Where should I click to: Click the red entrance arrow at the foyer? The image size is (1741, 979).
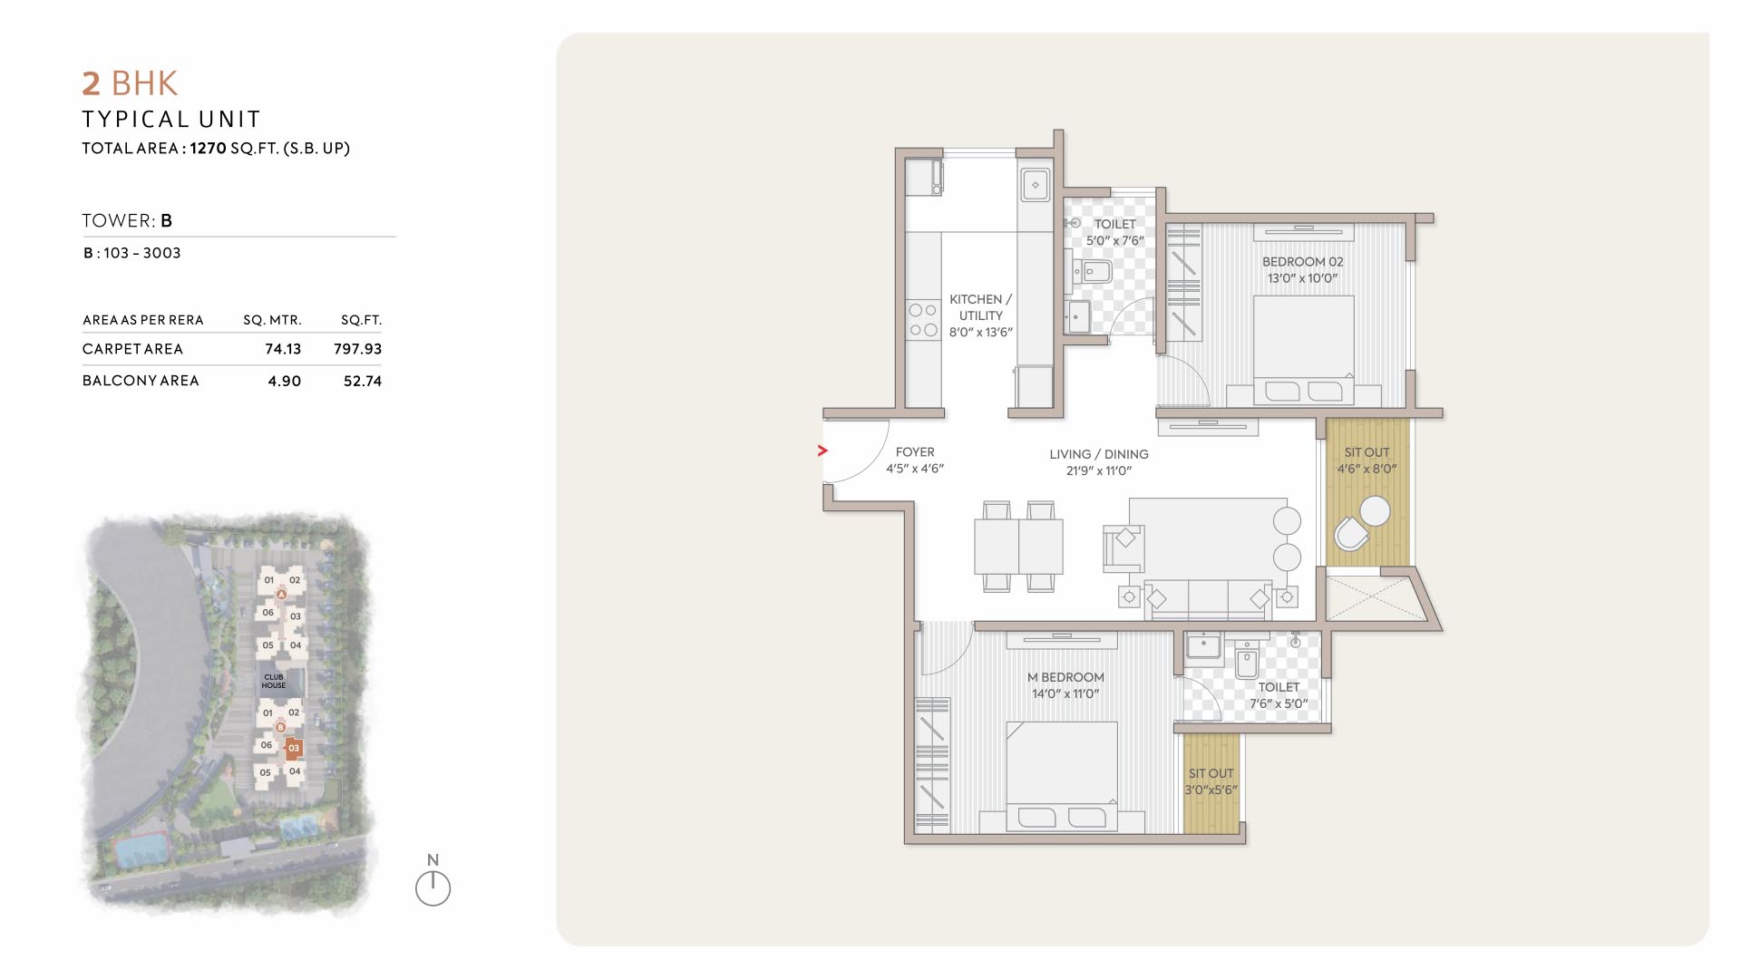[822, 451]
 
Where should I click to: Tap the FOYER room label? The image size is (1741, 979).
[915, 452]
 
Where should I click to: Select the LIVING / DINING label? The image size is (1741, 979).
[1099, 454]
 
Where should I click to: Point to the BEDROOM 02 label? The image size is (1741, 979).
[1303, 262]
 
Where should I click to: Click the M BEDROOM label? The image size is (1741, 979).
[1065, 677]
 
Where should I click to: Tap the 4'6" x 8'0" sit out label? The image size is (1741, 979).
[1367, 469]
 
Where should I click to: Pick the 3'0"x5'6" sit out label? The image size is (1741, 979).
[1211, 790]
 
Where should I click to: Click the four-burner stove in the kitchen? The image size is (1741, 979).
[923, 320]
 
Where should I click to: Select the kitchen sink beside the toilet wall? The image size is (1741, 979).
[1036, 185]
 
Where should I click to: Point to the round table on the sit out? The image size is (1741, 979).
[1375, 511]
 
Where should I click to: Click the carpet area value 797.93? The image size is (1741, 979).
[357, 349]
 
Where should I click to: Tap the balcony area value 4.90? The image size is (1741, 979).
[284, 382]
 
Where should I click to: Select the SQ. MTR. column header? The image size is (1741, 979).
[272, 320]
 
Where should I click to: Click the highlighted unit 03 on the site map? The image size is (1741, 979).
[293, 749]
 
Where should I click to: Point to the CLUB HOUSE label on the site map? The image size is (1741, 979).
[274, 681]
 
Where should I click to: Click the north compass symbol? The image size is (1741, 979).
[433, 887]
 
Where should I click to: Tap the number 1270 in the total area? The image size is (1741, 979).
[208, 148]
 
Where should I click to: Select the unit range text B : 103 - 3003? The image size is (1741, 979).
[132, 253]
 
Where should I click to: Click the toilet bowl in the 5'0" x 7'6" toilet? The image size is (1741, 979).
[1094, 270]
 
